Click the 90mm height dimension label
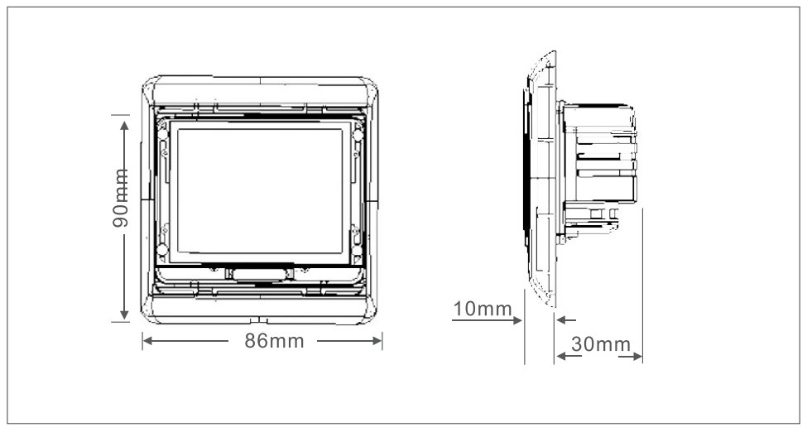tap(121, 198)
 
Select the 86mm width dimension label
tap(274, 341)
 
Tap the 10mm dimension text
tap(483, 309)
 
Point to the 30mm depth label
tap(601, 344)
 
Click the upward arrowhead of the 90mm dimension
tap(124, 125)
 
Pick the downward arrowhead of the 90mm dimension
tap(124, 314)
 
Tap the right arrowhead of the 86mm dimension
tap(377, 341)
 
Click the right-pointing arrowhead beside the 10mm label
tap(518, 320)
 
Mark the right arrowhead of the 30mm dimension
tap(637, 357)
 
